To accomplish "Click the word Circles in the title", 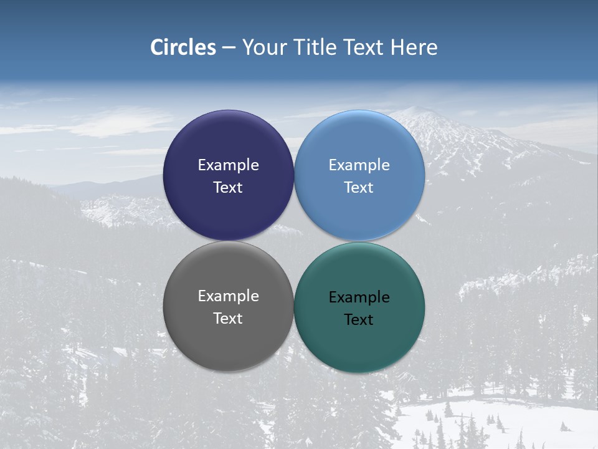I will pos(183,47).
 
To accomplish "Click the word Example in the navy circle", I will pos(228,165).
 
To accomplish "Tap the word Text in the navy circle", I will pos(228,188).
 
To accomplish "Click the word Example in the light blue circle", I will pos(359,165).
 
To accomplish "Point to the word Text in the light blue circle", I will pos(359,188).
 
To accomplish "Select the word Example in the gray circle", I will pos(228,296).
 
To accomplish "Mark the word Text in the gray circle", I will pos(228,319).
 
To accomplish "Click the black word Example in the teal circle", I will pos(359,297).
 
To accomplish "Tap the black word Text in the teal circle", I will pos(359,320).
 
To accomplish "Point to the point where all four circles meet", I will pos(294,241).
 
